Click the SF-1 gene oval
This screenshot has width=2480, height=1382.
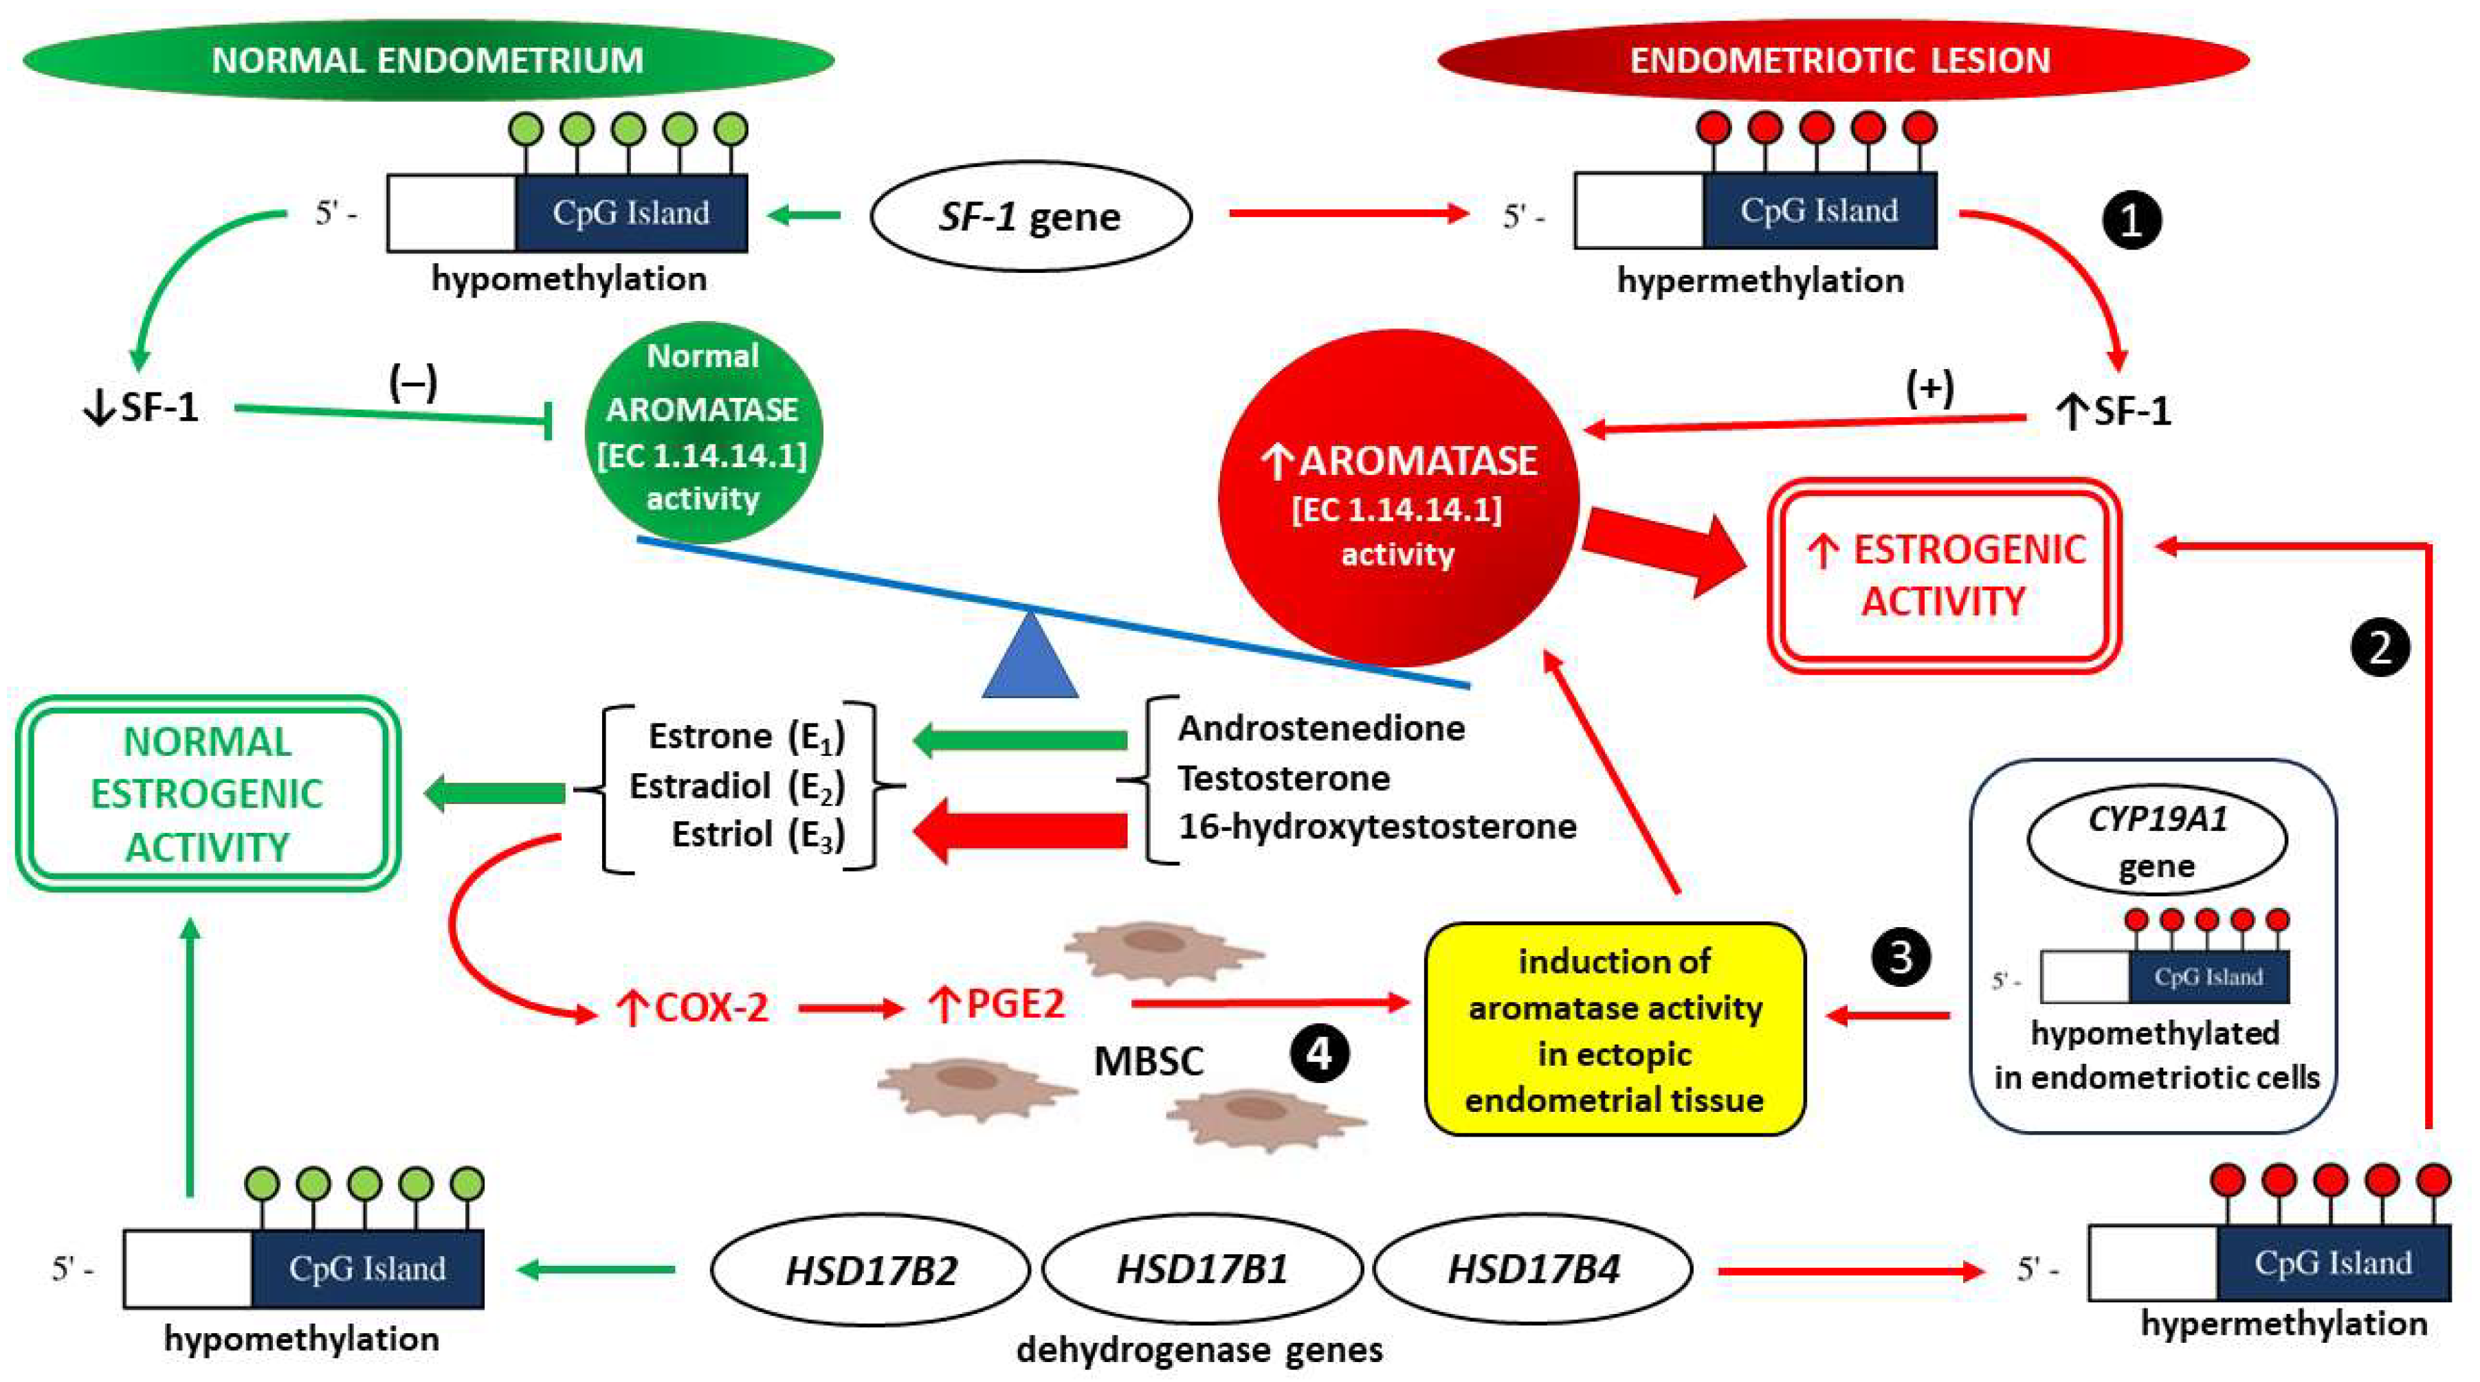click(x=1030, y=216)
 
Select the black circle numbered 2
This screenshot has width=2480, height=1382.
click(x=2380, y=647)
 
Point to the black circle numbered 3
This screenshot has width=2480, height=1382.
click(x=1901, y=957)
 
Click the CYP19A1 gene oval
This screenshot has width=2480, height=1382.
click(x=2156, y=839)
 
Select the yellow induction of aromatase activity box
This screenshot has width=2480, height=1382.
click(x=1615, y=1029)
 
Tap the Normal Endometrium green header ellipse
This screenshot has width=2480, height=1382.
click(x=428, y=60)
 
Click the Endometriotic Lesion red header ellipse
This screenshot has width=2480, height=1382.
click(x=1841, y=60)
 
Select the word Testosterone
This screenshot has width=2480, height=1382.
click(x=1283, y=778)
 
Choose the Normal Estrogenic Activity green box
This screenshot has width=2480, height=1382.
click(x=207, y=794)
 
